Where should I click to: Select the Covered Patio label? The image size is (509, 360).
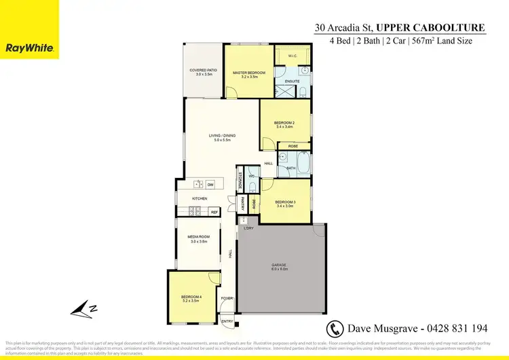204,71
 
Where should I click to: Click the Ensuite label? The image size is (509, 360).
293,81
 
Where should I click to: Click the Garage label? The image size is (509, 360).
280,268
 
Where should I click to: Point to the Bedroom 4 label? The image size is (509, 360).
191,298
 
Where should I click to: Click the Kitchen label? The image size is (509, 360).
199,198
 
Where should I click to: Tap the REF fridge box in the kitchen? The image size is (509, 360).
214,213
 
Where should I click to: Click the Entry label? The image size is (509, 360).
227,321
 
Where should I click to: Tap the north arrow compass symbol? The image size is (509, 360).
85,309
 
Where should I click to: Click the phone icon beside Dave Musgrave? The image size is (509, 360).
335,328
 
